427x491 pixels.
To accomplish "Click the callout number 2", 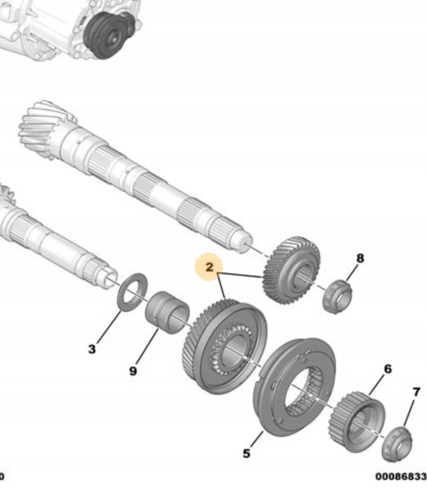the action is tap(209, 267).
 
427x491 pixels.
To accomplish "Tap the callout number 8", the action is tap(360, 258).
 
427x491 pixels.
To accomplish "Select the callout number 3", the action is tap(92, 349).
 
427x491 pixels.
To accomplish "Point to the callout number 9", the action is tap(133, 371).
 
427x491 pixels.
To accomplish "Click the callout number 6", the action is tap(388, 369).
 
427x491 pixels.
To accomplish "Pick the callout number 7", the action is tap(416, 391).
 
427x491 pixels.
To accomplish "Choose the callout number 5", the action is tap(247, 453).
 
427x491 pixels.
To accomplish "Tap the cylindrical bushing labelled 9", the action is tap(167, 313).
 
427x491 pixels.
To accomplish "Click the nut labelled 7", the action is tap(397, 444).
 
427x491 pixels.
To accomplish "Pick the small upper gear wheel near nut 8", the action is tap(292, 270).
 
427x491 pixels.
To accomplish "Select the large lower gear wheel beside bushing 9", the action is tap(225, 346).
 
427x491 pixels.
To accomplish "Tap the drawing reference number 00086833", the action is tap(401, 477).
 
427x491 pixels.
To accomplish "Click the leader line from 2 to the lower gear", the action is tap(221, 286).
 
